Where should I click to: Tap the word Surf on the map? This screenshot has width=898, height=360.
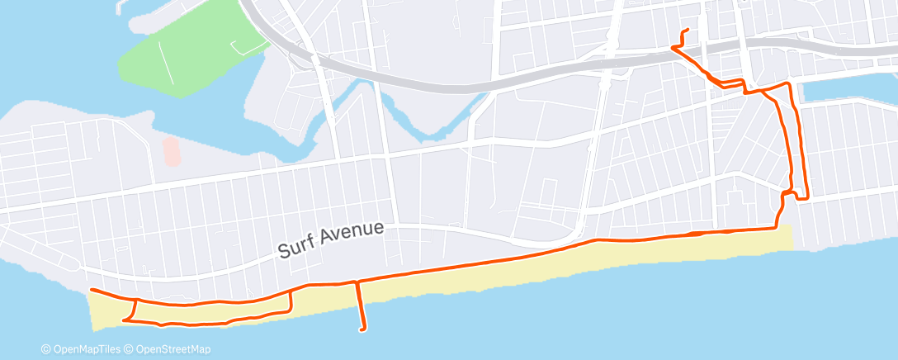pos(296,245)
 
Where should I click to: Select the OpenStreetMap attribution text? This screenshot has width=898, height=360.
pos(174,349)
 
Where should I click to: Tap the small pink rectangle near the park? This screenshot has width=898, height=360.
pos(171,150)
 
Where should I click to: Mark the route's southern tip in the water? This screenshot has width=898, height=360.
pos(362,329)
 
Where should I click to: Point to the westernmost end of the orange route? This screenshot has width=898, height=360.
pos(91,291)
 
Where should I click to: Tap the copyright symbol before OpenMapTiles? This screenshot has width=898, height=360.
pos(46,349)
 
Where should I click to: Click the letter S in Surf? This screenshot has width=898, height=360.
pos(283,249)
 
